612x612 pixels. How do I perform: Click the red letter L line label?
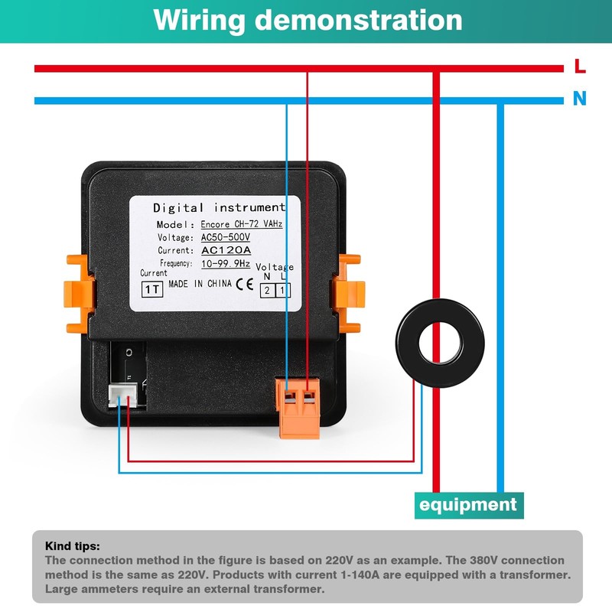580,67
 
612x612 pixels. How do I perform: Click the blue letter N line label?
580,99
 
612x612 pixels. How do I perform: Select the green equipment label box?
468,505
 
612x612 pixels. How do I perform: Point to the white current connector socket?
120,396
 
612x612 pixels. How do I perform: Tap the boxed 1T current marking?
152,289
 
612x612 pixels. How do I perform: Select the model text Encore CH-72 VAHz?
242,225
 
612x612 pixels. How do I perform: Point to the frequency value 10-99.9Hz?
226,263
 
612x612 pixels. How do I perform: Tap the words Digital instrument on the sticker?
219,207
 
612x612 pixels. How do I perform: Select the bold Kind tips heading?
73,546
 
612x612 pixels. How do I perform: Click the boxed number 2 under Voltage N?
267,290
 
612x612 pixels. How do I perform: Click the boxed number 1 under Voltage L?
282,290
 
